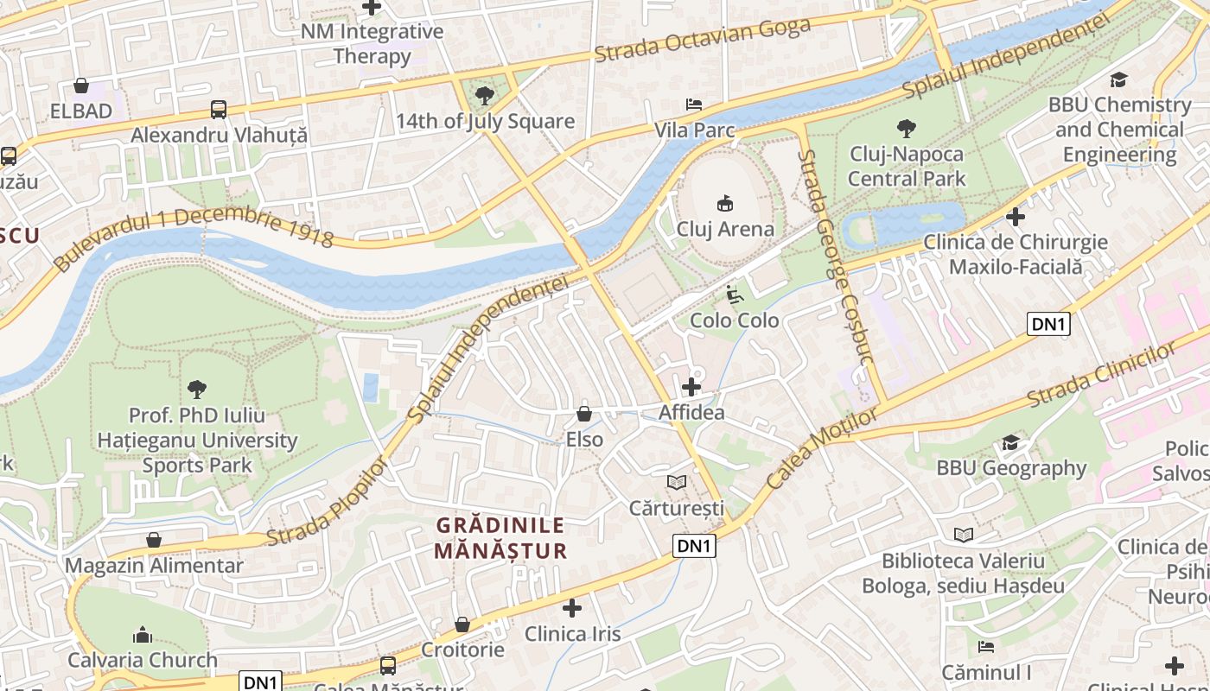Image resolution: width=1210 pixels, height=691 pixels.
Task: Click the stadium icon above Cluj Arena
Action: pos(724,204)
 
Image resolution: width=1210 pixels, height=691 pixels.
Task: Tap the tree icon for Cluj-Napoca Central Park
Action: pos(907,129)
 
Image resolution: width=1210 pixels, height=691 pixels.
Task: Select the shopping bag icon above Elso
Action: pos(584,414)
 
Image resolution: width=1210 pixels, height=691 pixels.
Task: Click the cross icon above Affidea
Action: pos(691,387)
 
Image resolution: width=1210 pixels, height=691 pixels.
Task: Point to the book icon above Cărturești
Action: pos(677,482)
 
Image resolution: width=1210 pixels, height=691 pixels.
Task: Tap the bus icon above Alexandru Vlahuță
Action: pos(219,110)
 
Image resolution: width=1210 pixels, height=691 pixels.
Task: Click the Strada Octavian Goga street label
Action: pos(702,40)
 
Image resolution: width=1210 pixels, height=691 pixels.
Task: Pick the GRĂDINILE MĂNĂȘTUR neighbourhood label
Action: pos(500,537)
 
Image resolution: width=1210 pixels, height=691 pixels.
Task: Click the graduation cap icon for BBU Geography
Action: pos(1010,443)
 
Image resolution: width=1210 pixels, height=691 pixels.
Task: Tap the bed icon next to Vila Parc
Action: pos(693,105)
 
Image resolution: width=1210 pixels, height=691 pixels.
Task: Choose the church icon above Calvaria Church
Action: pos(143,635)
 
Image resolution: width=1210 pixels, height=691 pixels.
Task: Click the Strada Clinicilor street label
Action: pos(1102,376)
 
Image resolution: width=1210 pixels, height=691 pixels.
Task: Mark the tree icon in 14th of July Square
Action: pos(485,95)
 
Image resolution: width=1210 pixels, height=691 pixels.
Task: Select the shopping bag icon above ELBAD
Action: pos(81,86)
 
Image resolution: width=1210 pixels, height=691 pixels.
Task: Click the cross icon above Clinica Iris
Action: pos(571,608)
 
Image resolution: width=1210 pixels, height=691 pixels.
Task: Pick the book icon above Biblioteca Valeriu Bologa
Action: pos(964,536)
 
